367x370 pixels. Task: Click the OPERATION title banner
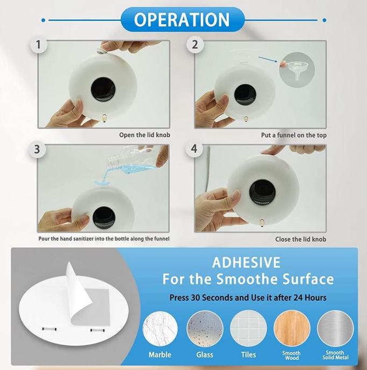click(182, 19)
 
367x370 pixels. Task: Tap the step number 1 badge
click(38, 44)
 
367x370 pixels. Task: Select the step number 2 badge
click(195, 44)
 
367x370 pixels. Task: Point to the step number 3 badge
click(37, 149)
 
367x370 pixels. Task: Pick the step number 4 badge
click(194, 149)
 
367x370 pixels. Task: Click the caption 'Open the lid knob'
click(145, 135)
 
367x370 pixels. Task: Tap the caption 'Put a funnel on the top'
click(294, 135)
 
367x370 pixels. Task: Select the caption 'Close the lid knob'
click(300, 239)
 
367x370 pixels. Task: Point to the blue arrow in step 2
click(268, 59)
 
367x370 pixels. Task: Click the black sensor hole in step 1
click(103, 88)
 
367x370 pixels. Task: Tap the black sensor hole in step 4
click(262, 191)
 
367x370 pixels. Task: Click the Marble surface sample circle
click(160, 329)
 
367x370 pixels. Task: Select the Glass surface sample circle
click(205, 329)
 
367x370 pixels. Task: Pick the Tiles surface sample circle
click(249, 329)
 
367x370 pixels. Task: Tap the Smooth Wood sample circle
click(292, 329)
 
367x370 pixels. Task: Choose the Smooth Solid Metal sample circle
click(335, 329)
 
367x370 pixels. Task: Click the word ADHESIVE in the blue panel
click(246, 262)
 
